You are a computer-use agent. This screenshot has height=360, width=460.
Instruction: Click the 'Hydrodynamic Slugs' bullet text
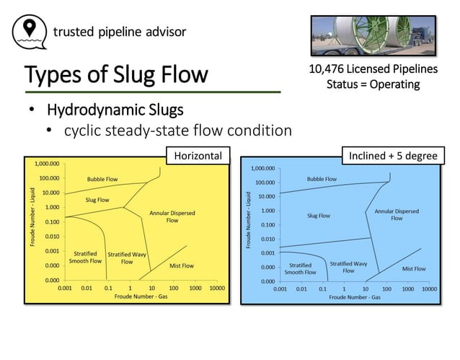(115, 110)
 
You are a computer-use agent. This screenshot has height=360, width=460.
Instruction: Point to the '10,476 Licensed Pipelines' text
(373, 70)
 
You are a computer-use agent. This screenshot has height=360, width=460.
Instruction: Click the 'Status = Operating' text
(373, 84)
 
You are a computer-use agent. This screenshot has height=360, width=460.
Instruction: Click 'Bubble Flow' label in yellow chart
(102, 179)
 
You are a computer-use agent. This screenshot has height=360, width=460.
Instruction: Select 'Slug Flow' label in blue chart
(318, 215)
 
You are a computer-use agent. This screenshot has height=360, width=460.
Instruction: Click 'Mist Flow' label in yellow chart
(181, 265)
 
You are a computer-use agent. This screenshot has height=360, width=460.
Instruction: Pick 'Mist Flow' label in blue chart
(413, 268)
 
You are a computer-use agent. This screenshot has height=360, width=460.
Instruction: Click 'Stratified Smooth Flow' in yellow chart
(83, 257)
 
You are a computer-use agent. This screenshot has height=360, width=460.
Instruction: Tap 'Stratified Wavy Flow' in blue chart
(348, 268)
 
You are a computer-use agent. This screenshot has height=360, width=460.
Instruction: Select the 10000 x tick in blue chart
(429, 289)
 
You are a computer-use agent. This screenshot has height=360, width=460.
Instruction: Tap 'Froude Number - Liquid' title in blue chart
(247, 221)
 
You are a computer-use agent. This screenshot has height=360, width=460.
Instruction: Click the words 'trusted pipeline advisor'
(119, 32)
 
